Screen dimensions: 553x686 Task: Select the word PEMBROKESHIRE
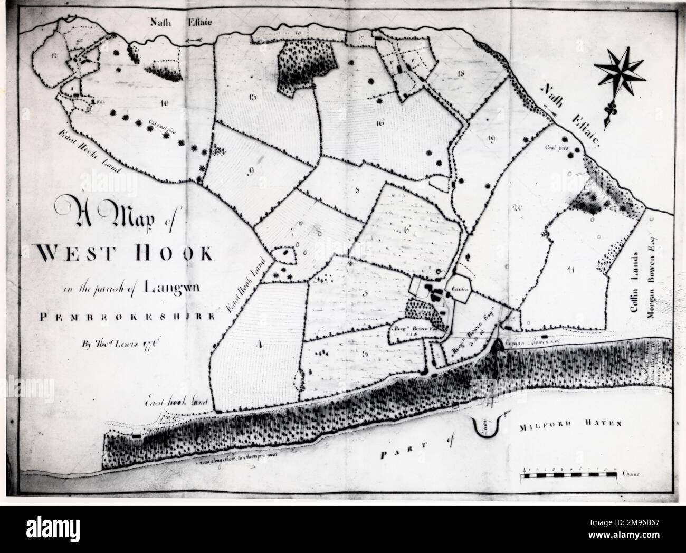[127, 317]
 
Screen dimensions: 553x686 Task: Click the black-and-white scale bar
[568, 476]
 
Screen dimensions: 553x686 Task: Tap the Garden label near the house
[456, 289]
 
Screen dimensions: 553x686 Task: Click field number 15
[252, 97]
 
